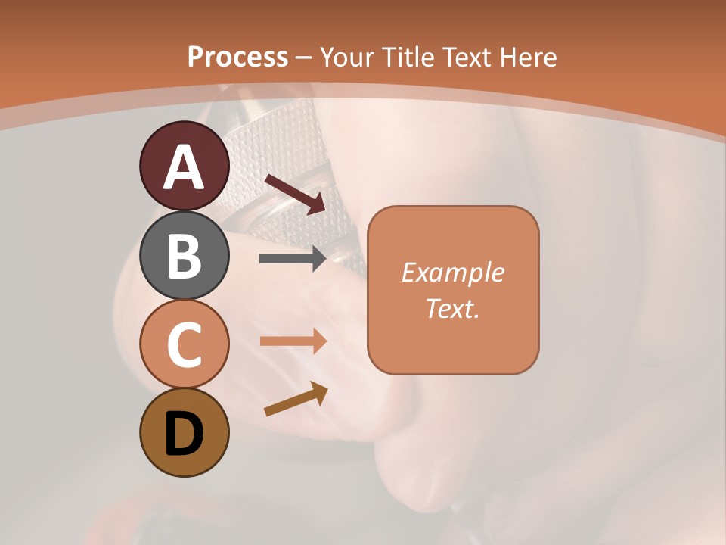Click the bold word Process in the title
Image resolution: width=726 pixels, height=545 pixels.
click(x=237, y=57)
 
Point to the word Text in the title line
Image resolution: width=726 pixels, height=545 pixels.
click(x=470, y=57)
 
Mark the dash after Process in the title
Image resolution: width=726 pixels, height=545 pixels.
click(x=304, y=58)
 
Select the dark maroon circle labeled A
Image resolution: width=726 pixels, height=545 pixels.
click(x=184, y=167)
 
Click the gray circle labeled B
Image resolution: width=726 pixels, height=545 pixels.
click(x=184, y=255)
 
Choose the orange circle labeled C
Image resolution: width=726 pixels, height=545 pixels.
click(x=184, y=344)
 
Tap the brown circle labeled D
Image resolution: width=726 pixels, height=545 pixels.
click(x=184, y=432)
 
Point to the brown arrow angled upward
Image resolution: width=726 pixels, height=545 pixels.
click(x=296, y=400)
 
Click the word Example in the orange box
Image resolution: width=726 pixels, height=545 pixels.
click(x=453, y=272)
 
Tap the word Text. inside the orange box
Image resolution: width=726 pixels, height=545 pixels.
click(x=451, y=308)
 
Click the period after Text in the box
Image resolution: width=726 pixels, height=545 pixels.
click(x=477, y=316)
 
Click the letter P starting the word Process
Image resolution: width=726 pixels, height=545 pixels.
click(x=197, y=57)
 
